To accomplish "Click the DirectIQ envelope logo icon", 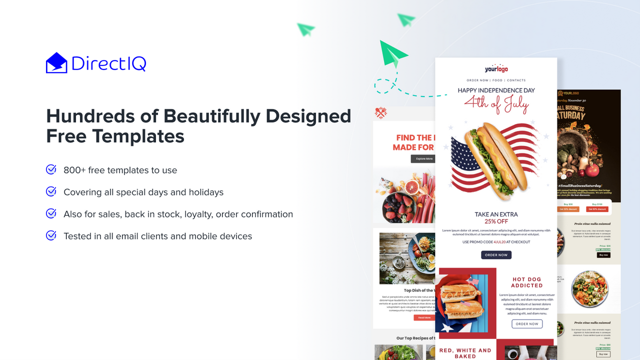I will pos(56,63).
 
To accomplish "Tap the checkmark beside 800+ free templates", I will pos(51,169).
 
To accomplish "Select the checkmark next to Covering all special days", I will pos(51,191).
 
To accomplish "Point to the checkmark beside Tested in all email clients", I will pos(51,235).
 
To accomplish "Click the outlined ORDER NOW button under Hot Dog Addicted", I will pos(526,324).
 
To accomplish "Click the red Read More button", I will pos(424,317).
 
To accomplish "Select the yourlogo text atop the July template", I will pos(496,69).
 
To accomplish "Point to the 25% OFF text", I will pos(496,221).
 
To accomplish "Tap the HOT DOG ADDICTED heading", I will pos(526,282).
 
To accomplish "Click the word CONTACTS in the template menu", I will pos(516,80).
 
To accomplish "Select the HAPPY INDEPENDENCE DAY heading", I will pos(496,90).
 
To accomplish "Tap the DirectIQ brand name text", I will pos(108,63).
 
